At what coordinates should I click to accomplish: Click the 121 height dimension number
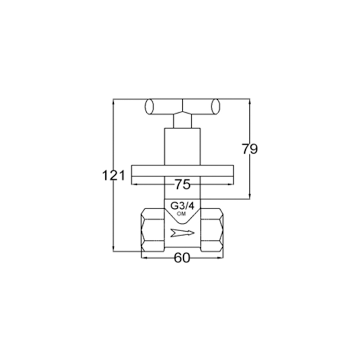pos(114,175)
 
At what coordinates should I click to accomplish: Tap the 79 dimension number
pos(250,149)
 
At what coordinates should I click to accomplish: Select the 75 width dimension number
pos(183,184)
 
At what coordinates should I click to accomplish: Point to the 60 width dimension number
pos(182,258)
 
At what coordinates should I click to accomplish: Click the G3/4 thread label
pos(182,206)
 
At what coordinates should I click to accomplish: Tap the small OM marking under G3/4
pos(182,214)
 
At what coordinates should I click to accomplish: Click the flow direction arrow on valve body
pos(183,233)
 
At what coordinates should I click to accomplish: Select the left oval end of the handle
pos(149,106)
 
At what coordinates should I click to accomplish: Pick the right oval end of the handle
pos(216,106)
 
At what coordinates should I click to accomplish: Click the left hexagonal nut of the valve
pos(153,230)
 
